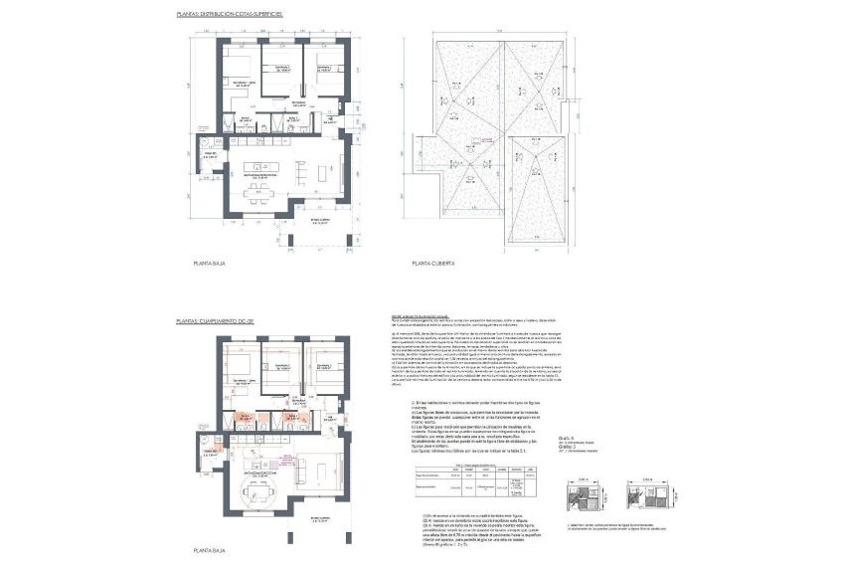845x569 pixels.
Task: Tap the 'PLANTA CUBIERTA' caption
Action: pos(434,264)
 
